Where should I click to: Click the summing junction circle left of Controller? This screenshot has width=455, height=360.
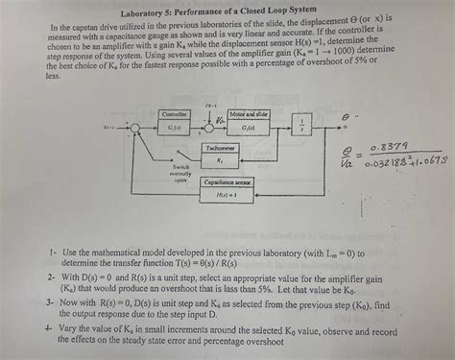[138, 127]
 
